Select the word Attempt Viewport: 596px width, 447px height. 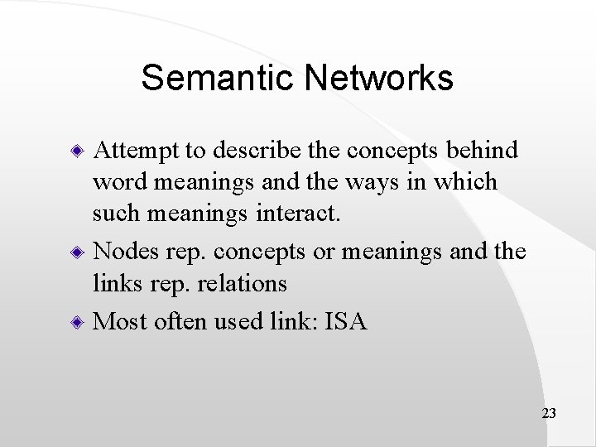pyautogui.click(x=137, y=150)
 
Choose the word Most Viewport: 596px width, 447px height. pyautogui.click(x=121, y=321)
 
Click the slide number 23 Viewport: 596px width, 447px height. pyautogui.click(x=547, y=411)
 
